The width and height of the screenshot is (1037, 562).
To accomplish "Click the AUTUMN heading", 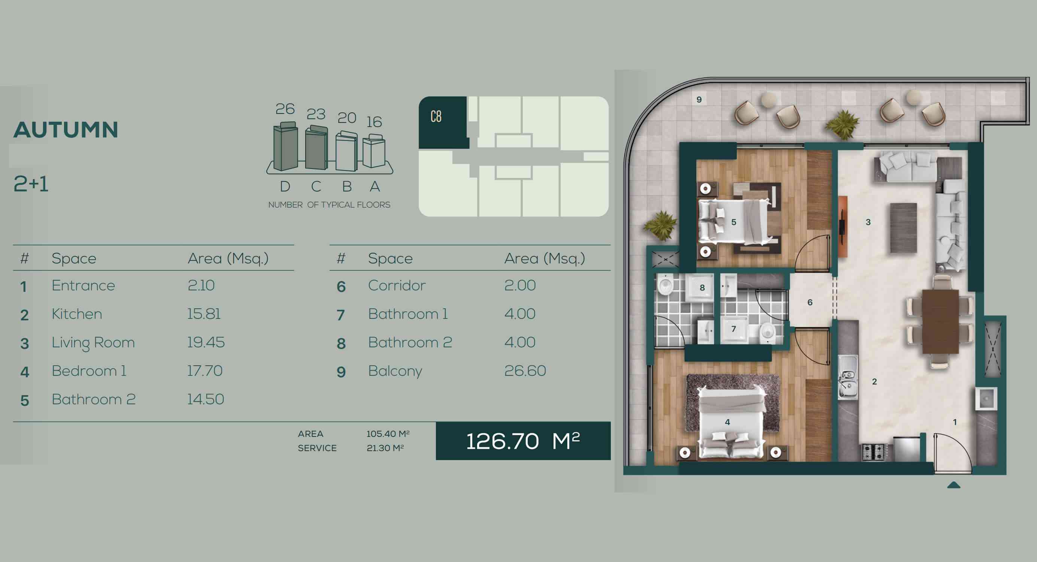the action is coord(66,130).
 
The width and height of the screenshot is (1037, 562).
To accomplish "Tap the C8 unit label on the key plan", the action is coord(436,117).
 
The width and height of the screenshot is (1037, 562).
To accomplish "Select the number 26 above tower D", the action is coord(285,109).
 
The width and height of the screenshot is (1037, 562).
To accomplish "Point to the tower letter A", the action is coord(375,186).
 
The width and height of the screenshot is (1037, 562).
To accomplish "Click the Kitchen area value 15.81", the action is coord(204,314).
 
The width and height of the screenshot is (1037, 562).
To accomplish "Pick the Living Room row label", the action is coord(93,343).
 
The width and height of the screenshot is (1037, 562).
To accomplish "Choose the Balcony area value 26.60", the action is coord(525,371).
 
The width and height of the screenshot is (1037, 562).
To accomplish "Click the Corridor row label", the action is coord(397,285).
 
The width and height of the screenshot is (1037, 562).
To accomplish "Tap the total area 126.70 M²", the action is coord(523,441).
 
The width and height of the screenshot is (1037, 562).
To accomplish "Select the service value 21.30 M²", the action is coord(385,448).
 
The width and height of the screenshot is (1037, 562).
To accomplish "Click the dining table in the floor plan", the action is coord(940,321).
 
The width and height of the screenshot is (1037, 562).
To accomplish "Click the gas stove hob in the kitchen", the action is coord(873,452).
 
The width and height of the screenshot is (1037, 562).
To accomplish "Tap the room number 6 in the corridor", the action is coord(810,302).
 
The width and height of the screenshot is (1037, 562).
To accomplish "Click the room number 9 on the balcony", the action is coord(699,100).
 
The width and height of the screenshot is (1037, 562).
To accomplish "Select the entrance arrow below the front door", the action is coord(953,485).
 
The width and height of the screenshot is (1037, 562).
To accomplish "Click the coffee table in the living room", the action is coord(904,228).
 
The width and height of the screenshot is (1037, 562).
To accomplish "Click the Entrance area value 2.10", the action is coord(201,285).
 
